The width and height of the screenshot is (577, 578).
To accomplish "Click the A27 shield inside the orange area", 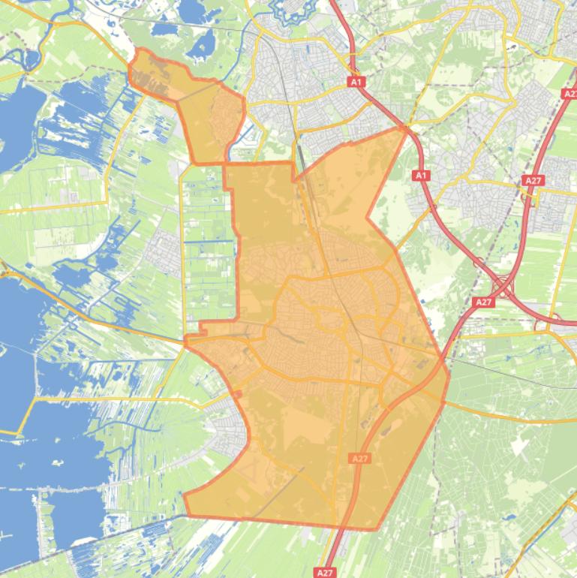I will pos(359,458).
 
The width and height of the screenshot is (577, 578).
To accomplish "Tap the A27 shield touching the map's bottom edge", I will pos(325,573).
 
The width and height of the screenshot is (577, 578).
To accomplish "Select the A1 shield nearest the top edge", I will pos(356,81).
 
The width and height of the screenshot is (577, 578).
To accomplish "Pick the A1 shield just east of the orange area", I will pos(421,176).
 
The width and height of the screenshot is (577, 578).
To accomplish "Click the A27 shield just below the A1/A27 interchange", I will pos(484,302).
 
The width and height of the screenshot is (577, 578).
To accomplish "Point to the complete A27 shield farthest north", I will pos(533,181).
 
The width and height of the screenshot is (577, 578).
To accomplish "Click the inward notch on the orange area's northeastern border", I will pos(367,219).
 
